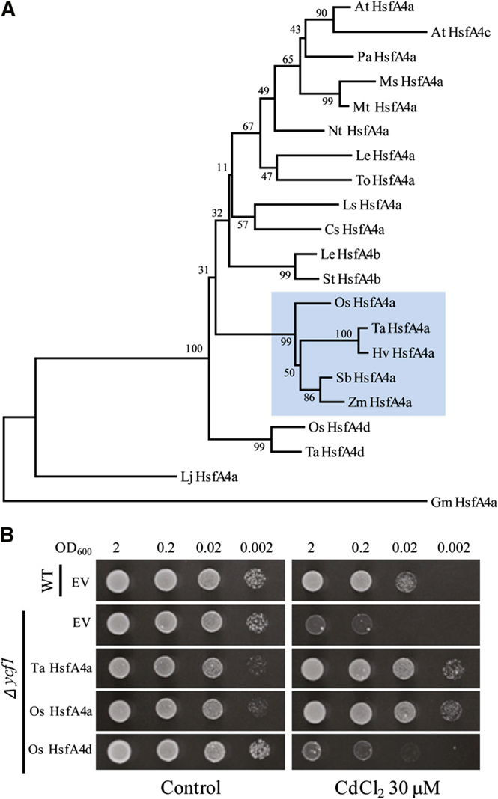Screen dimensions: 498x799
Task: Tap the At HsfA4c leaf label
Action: click(x=461, y=32)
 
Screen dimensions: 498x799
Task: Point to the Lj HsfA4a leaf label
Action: click(x=209, y=477)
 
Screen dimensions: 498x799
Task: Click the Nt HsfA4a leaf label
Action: click(x=358, y=131)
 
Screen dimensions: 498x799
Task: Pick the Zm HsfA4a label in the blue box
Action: click(x=380, y=402)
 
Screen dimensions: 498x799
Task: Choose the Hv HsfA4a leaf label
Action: click(x=403, y=352)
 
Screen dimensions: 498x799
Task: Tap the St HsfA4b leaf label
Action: click(x=351, y=279)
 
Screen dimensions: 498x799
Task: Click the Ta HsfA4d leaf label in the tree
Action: click(x=335, y=451)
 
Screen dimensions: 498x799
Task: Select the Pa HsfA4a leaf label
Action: click(x=386, y=57)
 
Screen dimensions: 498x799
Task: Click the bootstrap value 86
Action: click(x=309, y=397)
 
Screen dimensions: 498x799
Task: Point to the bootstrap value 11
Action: click(x=222, y=167)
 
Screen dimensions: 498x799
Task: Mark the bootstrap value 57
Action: click(x=243, y=224)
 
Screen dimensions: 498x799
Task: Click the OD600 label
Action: click(x=73, y=549)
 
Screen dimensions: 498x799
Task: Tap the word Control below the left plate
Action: click(x=190, y=787)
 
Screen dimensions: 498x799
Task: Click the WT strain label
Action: click(x=47, y=579)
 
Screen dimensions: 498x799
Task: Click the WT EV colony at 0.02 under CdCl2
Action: click(x=404, y=581)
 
